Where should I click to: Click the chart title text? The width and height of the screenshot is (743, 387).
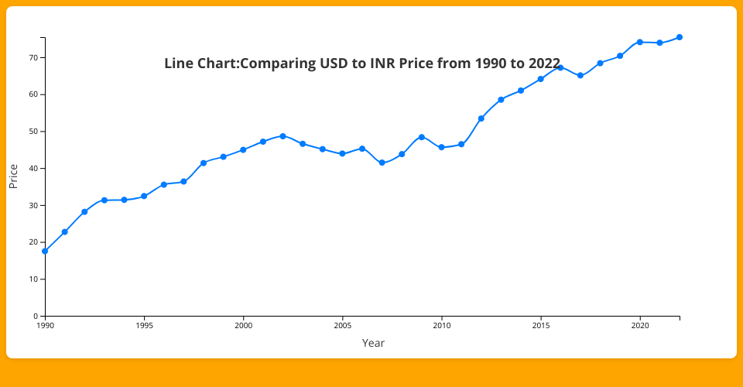tap(362, 63)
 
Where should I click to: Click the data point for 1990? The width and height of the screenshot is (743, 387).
tap(45, 251)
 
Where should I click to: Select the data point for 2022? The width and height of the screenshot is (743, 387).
tap(680, 37)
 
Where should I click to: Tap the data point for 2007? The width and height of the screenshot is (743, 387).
tap(382, 163)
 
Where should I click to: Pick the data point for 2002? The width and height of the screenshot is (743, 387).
tap(282, 136)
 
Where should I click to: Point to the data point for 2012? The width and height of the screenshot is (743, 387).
tap(481, 118)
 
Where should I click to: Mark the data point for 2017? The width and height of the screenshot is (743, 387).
tap(580, 75)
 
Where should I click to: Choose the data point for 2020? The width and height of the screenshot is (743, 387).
tap(640, 42)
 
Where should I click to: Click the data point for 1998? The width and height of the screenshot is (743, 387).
tap(204, 163)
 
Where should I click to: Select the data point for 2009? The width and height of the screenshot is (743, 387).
tap(422, 137)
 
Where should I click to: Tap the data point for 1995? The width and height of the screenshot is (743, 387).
tap(144, 196)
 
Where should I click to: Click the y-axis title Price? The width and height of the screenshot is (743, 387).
tap(13, 176)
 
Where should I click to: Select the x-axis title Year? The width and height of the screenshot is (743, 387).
tap(373, 343)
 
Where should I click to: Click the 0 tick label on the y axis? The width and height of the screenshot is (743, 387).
tap(36, 316)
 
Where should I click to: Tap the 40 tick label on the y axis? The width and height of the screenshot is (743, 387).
tap(34, 168)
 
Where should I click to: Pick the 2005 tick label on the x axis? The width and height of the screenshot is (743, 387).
tap(342, 327)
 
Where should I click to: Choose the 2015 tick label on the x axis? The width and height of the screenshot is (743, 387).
tap(541, 327)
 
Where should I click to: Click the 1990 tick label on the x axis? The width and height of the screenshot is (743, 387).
tap(45, 327)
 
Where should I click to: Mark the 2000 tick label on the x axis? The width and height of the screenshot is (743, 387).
tap(243, 327)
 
